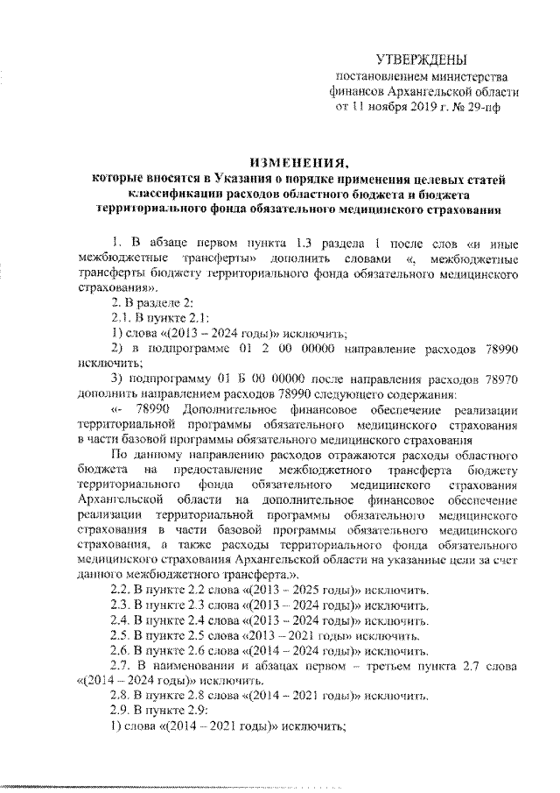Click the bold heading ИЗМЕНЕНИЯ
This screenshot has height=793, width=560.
click(299, 164)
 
